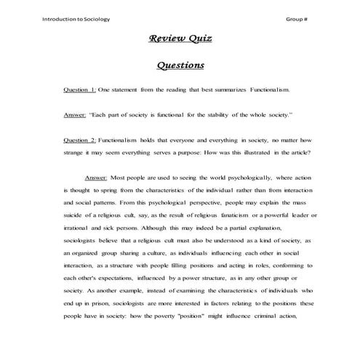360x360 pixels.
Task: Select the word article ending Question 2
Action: [298, 153]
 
